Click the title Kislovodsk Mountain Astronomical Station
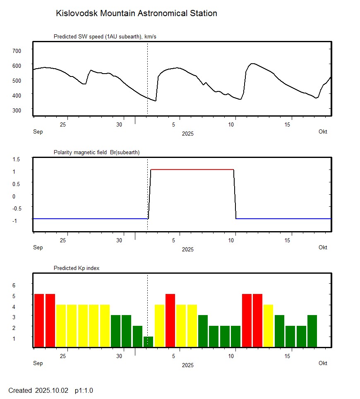[136, 13]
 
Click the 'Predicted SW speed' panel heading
[105, 37]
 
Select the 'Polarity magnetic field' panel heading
[96, 153]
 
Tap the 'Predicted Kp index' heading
[77, 268]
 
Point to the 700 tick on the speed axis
[17, 50]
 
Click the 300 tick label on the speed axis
[17, 110]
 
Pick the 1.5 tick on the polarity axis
[17, 159]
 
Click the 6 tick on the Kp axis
[13, 285]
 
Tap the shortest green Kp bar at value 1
[148, 342]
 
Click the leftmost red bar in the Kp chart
[39, 320]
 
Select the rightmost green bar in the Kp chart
[312, 331]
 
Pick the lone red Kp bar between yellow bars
[170, 320]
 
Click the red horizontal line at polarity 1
[192, 170]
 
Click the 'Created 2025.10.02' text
[38, 391]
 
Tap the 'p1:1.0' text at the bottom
[84, 391]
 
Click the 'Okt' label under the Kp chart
[323, 363]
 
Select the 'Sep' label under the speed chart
[38, 132]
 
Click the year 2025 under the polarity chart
[187, 250]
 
